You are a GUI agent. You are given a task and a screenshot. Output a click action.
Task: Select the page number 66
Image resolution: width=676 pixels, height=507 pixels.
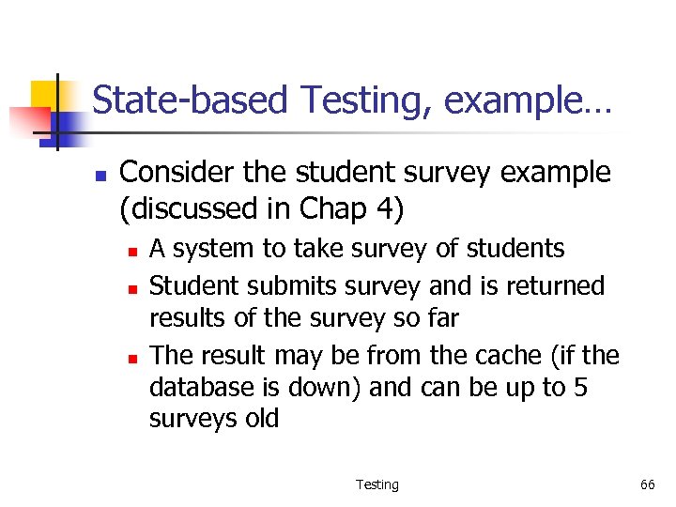pos(647,484)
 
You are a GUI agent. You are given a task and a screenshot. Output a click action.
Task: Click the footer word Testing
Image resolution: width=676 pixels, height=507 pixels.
pos(376,484)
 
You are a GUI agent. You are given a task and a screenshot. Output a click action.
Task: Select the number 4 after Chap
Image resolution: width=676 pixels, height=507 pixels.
pos(384,208)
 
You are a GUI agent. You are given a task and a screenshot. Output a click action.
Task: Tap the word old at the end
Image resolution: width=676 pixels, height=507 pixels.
pos(261,419)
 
